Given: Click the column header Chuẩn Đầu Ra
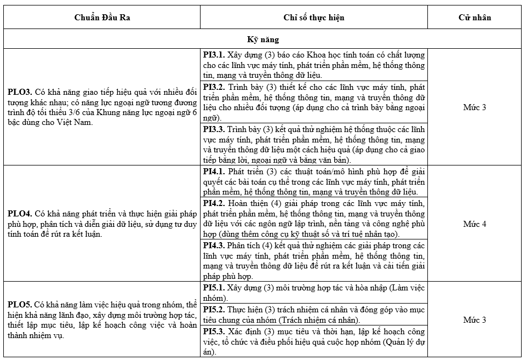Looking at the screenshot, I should [102, 18].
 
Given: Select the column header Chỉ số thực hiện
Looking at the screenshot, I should [314, 18].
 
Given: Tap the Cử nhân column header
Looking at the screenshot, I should [474, 18].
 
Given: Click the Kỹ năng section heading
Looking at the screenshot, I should [263, 39].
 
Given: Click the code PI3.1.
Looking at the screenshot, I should [214, 55].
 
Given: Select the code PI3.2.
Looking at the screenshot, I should [214, 87].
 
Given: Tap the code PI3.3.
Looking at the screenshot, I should [214, 129].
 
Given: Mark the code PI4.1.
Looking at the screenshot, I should [214, 172].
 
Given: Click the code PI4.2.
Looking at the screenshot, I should [214, 203].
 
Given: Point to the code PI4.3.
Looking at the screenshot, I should [214, 245].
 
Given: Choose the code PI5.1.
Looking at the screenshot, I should [214, 288].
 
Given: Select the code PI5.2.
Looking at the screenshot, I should [214, 310].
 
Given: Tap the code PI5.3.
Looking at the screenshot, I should [214, 332].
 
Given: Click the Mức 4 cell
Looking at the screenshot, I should [474, 224].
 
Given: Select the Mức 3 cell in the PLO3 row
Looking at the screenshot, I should [474, 107].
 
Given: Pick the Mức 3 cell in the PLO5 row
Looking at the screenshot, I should [474, 320].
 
